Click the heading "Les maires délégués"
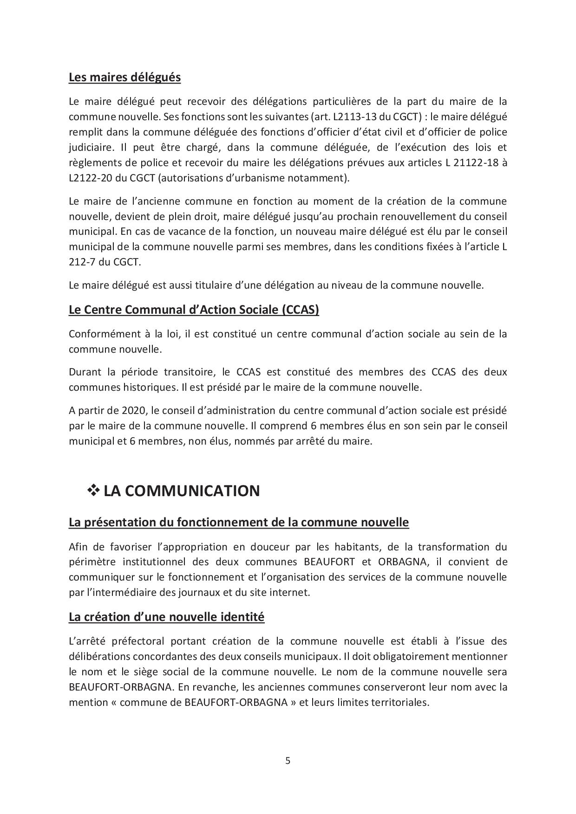[x=124, y=77]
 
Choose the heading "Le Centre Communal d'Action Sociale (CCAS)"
[x=194, y=310]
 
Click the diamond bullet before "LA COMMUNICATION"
[x=94, y=490]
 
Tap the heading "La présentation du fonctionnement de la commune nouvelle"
[x=239, y=522]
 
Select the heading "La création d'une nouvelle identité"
[x=166, y=617]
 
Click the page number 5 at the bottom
[x=288, y=761]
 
